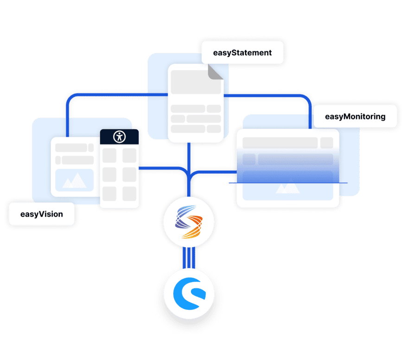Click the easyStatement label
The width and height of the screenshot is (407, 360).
point(242,52)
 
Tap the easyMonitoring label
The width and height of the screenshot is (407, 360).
point(355,116)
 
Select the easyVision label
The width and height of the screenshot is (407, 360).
point(41,214)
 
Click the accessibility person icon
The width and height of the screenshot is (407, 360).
point(119,136)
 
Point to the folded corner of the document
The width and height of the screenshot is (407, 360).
point(216,71)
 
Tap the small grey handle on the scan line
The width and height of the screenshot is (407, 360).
point(229,183)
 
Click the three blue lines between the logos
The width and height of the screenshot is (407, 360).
point(189,258)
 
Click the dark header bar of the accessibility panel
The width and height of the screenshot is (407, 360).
point(119,136)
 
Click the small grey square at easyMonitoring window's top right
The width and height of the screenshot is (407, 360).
point(326,142)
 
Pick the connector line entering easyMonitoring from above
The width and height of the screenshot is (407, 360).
point(310,116)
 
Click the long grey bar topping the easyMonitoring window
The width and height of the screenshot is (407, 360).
point(280,142)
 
